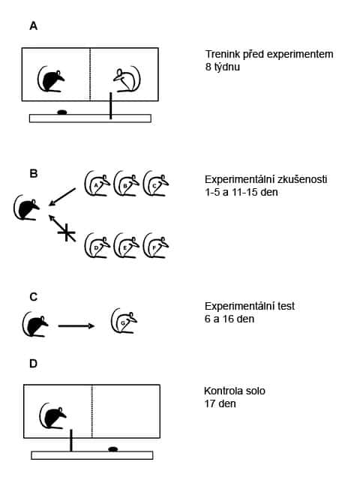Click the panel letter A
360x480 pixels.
33,26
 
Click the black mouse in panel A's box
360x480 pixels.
51,79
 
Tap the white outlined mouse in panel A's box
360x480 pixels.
127,79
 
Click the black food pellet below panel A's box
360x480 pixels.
62,112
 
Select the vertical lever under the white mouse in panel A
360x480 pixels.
110,106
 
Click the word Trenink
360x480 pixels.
223,54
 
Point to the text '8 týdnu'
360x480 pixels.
223,67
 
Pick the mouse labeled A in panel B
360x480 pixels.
97,183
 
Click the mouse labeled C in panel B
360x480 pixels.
155,183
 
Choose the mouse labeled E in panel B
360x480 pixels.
126,245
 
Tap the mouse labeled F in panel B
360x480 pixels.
155,245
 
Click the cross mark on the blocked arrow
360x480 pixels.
67,232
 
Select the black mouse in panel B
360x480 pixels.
27,207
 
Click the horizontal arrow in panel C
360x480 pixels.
76,326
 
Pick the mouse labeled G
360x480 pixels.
124,321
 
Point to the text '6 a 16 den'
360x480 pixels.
229,319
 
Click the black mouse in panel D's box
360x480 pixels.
53,416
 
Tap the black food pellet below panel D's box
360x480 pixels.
113,449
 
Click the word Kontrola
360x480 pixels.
223,391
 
